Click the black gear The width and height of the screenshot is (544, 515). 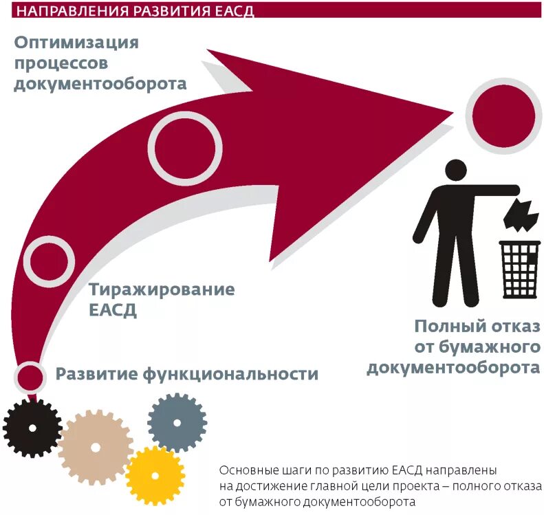32,428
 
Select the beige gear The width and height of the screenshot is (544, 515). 96,448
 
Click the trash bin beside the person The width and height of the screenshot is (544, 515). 519,269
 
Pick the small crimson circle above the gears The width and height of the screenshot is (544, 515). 30,375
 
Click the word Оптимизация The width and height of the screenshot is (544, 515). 76,43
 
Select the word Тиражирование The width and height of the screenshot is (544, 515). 162,289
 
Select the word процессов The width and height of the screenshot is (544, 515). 61,64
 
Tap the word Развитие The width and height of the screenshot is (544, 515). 97,374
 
